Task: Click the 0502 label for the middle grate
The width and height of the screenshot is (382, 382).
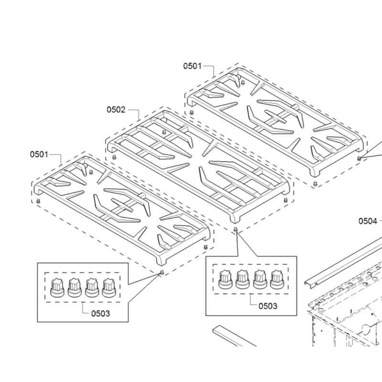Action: click(x=116, y=110)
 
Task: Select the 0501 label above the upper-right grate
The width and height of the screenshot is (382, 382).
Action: click(x=192, y=66)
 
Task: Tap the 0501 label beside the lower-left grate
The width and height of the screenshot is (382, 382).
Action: click(x=40, y=154)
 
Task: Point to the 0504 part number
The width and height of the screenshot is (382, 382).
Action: click(x=368, y=221)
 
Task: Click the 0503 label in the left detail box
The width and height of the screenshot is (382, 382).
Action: click(x=100, y=313)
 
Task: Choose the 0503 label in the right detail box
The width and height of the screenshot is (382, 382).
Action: click(x=267, y=306)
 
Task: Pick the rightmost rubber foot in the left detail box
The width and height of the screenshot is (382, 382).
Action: click(x=109, y=288)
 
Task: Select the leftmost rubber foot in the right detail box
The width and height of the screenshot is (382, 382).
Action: click(x=225, y=280)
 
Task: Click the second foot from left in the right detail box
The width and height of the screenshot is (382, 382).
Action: click(x=243, y=280)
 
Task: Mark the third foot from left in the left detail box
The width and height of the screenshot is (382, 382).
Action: click(x=92, y=288)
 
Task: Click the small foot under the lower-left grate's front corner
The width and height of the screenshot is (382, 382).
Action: click(x=161, y=272)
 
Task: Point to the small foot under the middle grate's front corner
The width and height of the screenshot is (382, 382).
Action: click(x=235, y=230)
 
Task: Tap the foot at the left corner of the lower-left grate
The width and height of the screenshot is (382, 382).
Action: click(x=38, y=202)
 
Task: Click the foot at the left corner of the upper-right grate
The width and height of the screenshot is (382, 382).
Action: click(x=191, y=112)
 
